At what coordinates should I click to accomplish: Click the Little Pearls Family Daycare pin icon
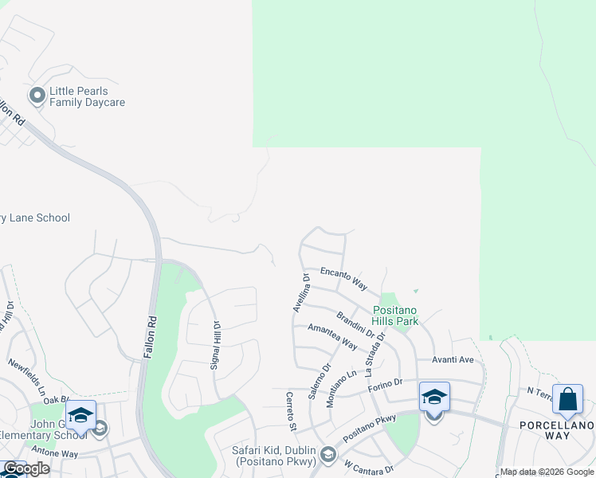[37, 96]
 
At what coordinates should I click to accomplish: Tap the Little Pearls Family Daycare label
[87, 96]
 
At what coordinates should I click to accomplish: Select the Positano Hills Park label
[396, 315]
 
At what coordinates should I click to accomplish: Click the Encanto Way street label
[343, 278]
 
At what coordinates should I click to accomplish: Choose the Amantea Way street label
[332, 337]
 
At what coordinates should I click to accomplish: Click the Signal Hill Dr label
[214, 343]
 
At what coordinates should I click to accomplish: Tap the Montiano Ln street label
[341, 390]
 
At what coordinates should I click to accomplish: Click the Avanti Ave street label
[453, 359]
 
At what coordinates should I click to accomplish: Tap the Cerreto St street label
[292, 412]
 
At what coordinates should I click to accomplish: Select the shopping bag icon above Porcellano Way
[568, 399]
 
